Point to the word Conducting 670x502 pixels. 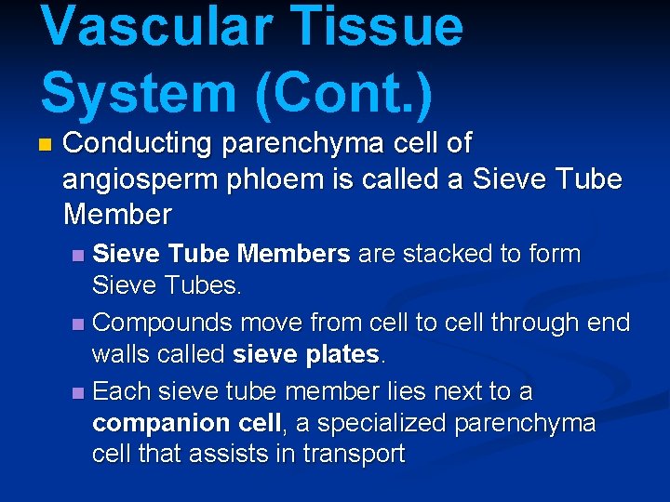137,144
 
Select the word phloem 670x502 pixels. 263,179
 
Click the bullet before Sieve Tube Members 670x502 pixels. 79,255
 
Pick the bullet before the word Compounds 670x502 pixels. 79,324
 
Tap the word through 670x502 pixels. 500,323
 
